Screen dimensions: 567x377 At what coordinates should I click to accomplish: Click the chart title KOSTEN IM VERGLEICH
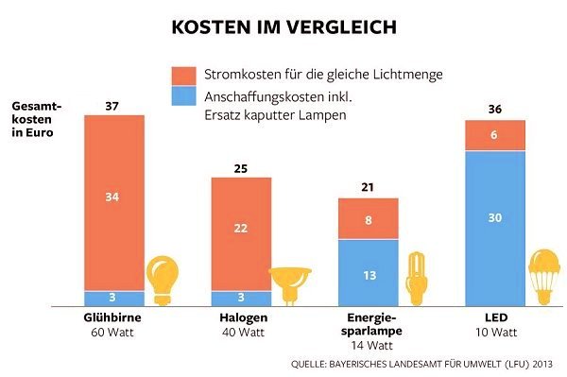pos(283,27)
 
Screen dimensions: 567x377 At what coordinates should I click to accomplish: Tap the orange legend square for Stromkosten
pos(183,76)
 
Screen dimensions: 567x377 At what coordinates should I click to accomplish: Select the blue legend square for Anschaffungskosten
pos(183,95)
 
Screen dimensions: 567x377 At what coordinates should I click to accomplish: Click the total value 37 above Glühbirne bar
pos(112,106)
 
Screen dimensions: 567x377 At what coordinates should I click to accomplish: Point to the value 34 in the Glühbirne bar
pos(112,197)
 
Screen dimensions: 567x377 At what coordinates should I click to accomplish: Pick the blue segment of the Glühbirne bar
pos(114,299)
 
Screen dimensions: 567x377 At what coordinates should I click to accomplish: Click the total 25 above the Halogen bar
pos(241,169)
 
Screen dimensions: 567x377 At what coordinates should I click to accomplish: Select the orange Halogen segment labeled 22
pos(241,234)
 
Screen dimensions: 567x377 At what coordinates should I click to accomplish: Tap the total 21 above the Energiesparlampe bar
pos(368,187)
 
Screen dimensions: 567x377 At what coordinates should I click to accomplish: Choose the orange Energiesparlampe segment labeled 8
pos(369,218)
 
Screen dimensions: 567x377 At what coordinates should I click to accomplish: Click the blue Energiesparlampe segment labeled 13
pos(369,273)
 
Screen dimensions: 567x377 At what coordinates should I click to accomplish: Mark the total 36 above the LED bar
pos(494,110)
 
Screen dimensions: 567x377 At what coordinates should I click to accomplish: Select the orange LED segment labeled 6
pos(495,135)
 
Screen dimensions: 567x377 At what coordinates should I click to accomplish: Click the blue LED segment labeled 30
pos(495,229)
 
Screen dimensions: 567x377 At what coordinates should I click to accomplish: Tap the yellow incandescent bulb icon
pos(163,281)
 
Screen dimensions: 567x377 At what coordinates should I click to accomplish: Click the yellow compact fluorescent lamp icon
pos(417,279)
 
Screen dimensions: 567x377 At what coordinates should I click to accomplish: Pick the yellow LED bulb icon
pos(544,277)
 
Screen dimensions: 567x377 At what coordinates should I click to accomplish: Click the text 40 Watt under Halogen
pos(244,333)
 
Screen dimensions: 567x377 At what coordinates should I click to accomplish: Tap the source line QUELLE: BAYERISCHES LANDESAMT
pos(421,364)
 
